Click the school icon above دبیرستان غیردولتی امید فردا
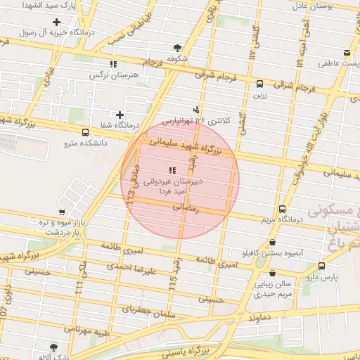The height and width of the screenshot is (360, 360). tap(172, 170)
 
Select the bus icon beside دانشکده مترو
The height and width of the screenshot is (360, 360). tap(86, 132)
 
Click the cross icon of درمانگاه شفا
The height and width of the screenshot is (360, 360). tap(120, 115)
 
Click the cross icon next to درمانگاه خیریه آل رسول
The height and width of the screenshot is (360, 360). tap(56, 22)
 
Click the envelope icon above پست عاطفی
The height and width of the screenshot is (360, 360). tap(347, 53)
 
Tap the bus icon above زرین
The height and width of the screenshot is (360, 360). tap(260, 83)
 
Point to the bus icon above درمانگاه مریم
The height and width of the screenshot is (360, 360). tap(282, 209)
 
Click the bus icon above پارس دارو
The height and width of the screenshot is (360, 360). tap(321, 266)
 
